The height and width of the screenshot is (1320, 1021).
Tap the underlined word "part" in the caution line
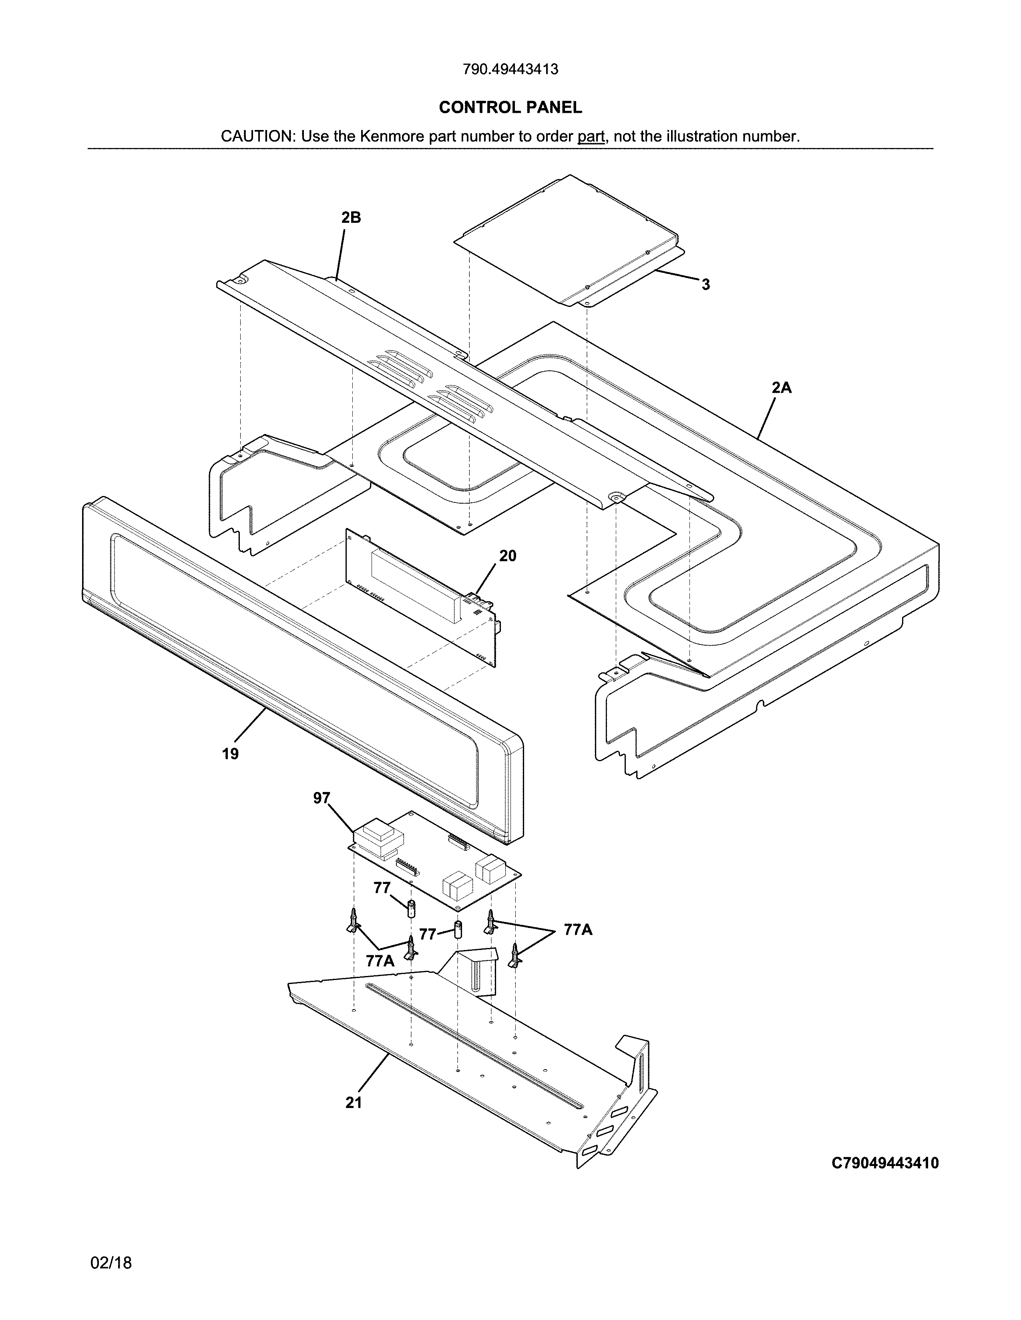[591, 136]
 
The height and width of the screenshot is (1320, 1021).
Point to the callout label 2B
[351, 218]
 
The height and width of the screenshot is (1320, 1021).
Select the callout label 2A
[782, 388]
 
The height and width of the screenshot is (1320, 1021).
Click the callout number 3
[705, 285]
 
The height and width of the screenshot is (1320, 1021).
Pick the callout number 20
[507, 556]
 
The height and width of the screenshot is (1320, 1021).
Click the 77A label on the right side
[578, 930]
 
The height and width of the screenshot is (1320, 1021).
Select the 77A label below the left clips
[380, 960]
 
